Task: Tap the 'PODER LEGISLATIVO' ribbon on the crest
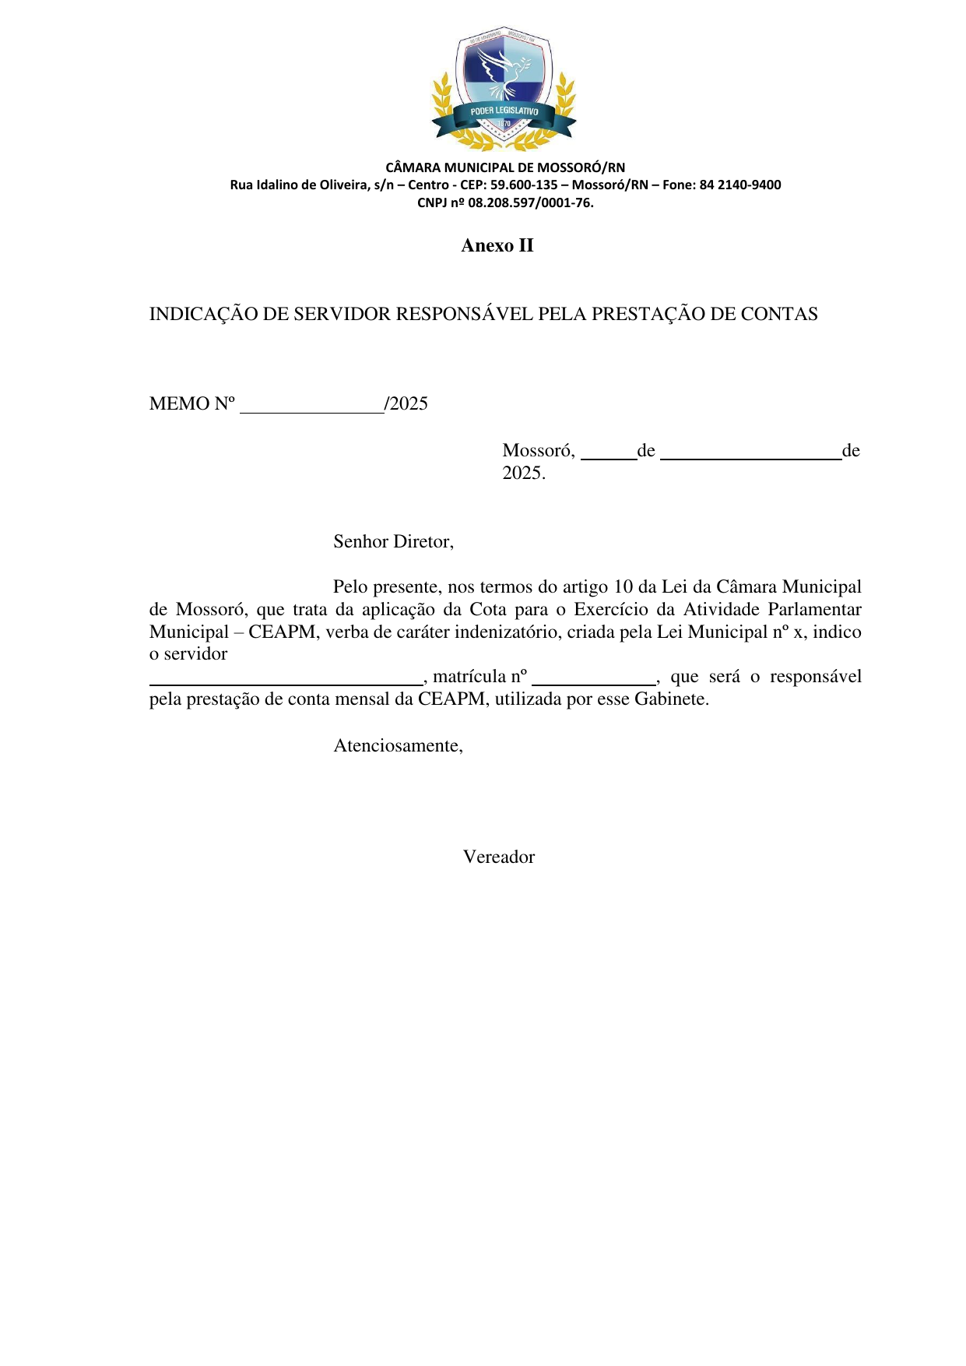click(x=504, y=111)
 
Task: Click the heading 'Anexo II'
click(x=497, y=245)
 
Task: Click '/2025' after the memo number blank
click(x=406, y=403)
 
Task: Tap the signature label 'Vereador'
click(x=499, y=857)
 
